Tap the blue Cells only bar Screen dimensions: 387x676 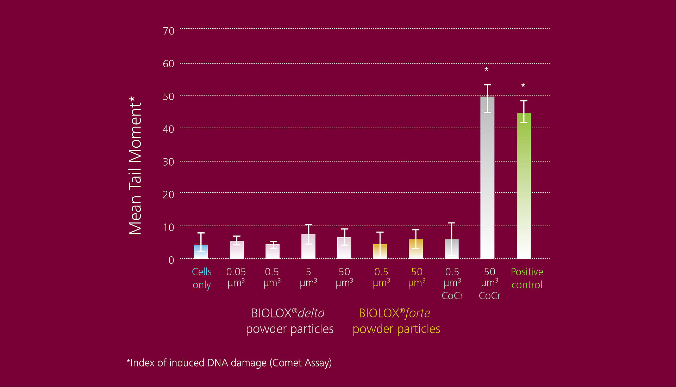[x=201, y=252]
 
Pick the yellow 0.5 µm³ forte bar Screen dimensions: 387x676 [x=380, y=252]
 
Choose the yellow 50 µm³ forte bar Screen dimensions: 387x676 [x=416, y=249]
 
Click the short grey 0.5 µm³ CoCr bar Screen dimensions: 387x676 [x=451, y=249]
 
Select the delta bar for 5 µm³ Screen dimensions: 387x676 [x=308, y=247]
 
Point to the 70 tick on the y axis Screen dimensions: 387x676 [x=169, y=31]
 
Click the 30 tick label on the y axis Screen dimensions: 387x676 [x=169, y=162]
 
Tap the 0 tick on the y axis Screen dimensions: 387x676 [x=171, y=260]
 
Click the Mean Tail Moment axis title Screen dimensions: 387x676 [x=135, y=166]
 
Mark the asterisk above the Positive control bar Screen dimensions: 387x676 [x=523, y=86]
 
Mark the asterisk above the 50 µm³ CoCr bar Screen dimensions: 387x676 [x=487, y=70]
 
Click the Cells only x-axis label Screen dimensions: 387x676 [x=202, y=278]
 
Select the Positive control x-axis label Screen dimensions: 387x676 [x=527, y=278]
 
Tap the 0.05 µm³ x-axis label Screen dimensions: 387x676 [x=236, y=277]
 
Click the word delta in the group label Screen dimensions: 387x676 [x=311, y=313]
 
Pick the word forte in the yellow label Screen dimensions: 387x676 [x=418, y=313]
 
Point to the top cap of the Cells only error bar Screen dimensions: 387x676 [x=201, y=233]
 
